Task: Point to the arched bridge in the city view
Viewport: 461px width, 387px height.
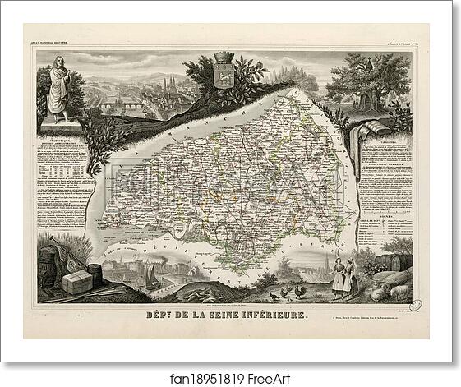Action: (114, 105)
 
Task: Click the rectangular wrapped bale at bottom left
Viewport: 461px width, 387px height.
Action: (77, 282)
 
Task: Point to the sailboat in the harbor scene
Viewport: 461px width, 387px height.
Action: (152, 277)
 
